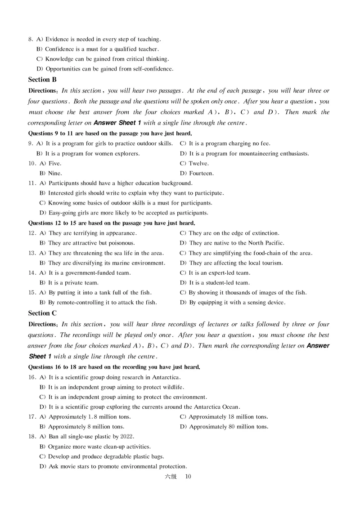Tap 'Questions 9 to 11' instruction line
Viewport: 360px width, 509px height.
(x=110, y=133)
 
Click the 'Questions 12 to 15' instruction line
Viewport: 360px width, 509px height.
(x=112, y=223)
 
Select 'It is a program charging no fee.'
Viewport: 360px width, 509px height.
(x=225, y=143)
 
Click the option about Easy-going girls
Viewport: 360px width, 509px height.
(x=124, y=213)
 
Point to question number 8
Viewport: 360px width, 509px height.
(x=30, y=40)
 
